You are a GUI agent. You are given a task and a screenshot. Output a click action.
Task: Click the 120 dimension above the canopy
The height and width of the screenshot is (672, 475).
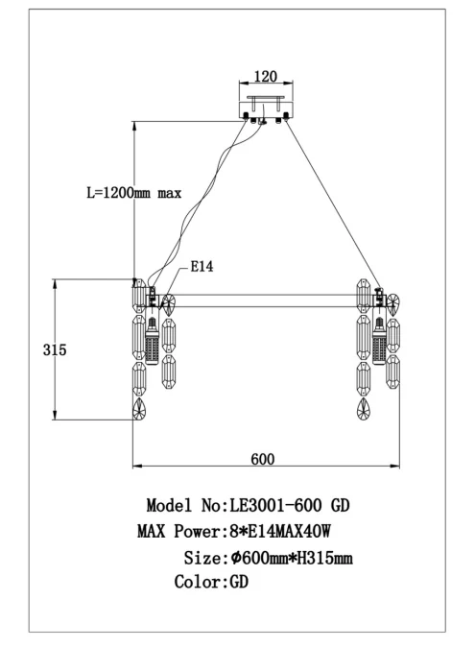266,76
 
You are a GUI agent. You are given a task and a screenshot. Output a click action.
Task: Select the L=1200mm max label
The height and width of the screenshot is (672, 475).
134,193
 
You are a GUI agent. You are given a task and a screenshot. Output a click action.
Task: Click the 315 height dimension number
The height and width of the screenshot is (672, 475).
55,350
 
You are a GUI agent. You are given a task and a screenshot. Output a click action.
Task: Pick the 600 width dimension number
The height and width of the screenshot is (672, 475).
263,459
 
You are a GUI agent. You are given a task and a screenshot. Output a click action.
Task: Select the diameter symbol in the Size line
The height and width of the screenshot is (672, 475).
236,557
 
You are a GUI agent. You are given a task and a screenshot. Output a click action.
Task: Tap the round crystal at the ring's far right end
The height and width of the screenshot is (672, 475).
392,303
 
